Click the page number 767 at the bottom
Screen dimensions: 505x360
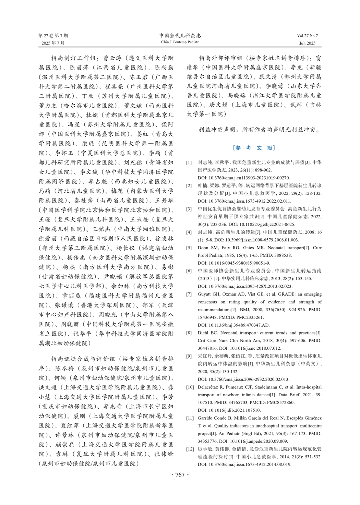pyautogui.click(x=180, y=475)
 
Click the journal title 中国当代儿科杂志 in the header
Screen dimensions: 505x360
pyautogui.click(x=180, y=36)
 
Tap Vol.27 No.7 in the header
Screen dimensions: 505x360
pyautogui.click(x=308, y=36)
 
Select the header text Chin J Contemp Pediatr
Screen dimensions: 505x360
pyautogui.click(x=180, y=42)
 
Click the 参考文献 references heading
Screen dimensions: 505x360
pyautogui.click(x=254, y=148)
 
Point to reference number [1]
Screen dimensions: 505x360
pyautogui.click(x=189, y=163)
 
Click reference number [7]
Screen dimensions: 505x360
pyautogui.click(x=189, y=294)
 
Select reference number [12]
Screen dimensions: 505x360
pyautogui.click(x=190, y=449)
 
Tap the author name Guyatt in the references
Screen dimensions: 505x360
pyautogui.click(x=204, y=294)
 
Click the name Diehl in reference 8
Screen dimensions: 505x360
pyautogui.click(x=203, y=333)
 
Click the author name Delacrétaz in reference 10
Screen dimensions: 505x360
pyautogui.click(x=209, y=387)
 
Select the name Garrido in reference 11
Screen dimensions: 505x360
pyautogui.click(x=206, y=418)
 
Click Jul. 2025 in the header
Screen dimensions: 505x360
pyautogui.click(x=307, y=43)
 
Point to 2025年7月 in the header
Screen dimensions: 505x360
pyautogui.click(x=53, y=43)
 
